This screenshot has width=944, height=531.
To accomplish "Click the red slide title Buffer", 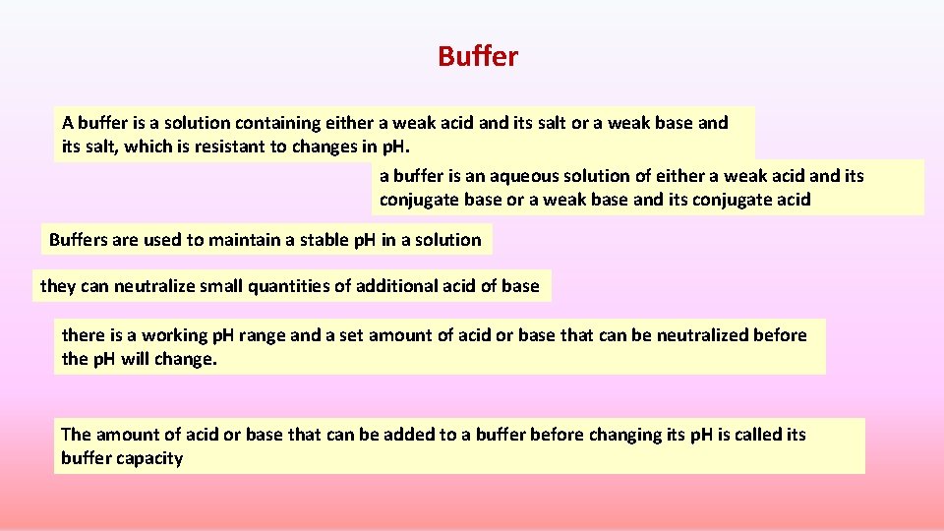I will point(478,57).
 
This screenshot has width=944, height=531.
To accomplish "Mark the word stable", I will point(319,240).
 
